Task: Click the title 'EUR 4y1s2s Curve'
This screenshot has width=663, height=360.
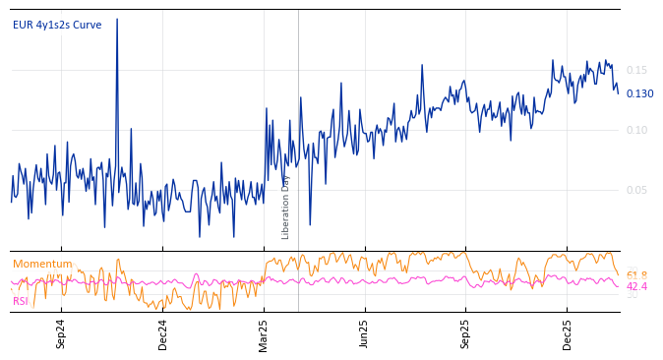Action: (57, 25)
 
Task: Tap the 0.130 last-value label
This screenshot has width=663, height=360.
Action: (639, 93)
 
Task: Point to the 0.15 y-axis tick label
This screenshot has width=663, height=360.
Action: (636, 70)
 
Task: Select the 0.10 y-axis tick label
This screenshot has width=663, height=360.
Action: (636, 130)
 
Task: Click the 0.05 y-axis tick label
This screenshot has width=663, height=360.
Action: (636, 190)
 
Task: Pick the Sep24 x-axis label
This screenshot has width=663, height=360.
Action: (61, 334)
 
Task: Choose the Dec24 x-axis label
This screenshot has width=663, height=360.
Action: (162, 334)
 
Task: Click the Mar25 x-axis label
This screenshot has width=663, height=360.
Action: (264, 334)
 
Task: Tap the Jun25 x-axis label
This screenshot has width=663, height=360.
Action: (365, 334)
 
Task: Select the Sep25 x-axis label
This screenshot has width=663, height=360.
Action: (466, 334)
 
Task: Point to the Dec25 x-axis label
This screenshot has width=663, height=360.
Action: (568, 334)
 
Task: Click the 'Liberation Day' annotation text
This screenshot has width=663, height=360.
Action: (286, 207)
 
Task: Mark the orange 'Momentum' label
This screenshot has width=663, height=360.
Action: (42, 264)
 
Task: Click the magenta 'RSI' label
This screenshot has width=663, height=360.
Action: (20, 301)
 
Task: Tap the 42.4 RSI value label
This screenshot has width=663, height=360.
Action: (636, 286)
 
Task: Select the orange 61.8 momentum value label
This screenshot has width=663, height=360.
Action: (636, 275)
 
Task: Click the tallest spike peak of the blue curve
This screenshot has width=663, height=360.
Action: (117, 19)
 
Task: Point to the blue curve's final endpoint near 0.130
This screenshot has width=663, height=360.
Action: (618, 93)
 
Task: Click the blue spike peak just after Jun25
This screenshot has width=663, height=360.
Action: (423, 65)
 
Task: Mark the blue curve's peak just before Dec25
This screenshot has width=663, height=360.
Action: (551, 59)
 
